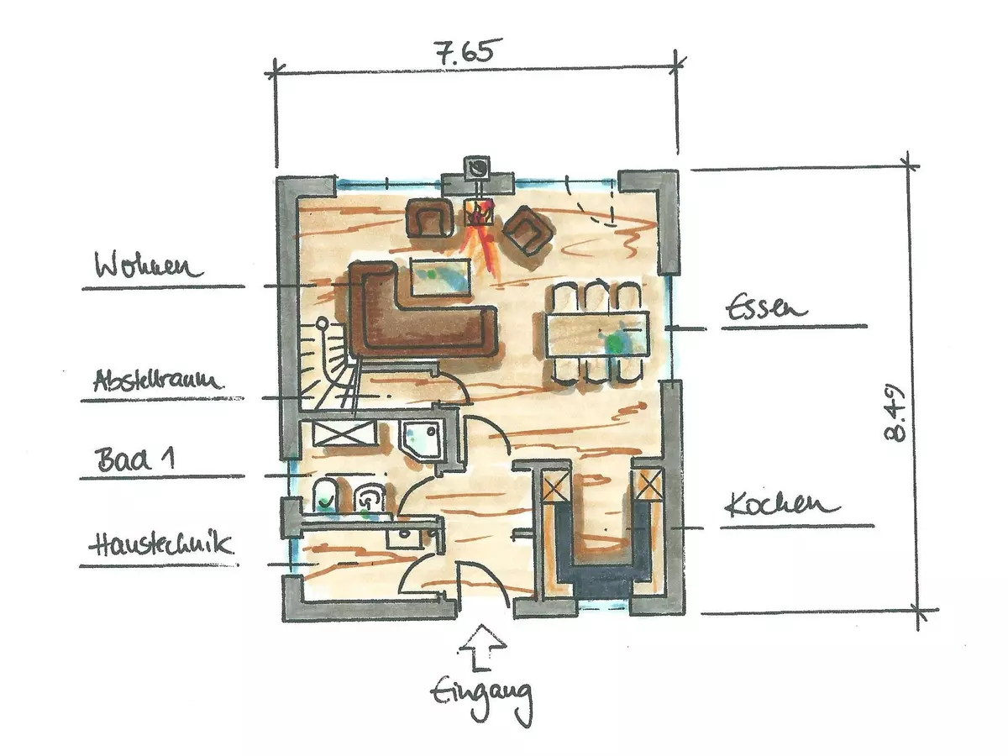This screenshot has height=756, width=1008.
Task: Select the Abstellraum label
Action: pyautogui.click(x=155, y=381)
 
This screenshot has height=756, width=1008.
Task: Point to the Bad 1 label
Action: pyautogui.click(x=135, y=459)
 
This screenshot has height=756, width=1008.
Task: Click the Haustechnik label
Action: pyautogui.click(x=160, y=544)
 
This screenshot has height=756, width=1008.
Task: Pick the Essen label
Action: pyautogui.click(x=765, y=308)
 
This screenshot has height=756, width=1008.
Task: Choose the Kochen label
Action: pyautogui.click(x=782, y=505)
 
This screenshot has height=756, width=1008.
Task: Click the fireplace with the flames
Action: pyautogui.click(x=480, y=213)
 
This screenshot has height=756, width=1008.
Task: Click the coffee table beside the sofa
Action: pyautogui.click(x=441, y=278)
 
